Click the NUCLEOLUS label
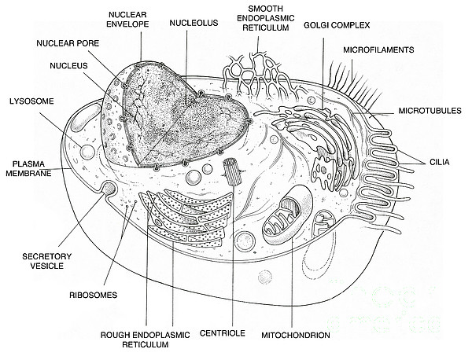[194, 23]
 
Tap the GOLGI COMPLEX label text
[337, 25]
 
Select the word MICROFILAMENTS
[378, 50]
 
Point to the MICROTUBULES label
[430, 111]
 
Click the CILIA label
[440, 162]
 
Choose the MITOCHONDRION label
[295, 335]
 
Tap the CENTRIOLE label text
[222, 333]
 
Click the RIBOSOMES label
[93, 295]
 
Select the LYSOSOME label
[31, 101]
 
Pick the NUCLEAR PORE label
[68, 43]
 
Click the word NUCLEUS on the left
[68, 65]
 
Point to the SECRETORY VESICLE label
[46, 261]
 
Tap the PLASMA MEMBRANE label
[28, 169]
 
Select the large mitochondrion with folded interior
[288, 215]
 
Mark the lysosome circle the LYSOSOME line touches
[87, 152]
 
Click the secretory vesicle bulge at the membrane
[108, 188]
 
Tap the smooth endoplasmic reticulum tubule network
[260, 75]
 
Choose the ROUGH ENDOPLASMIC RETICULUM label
[145, 340]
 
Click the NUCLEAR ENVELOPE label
[127, 19]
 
